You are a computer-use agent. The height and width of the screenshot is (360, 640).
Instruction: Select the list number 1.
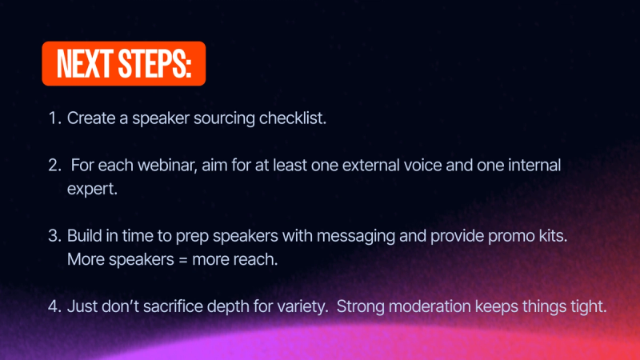(54, 118)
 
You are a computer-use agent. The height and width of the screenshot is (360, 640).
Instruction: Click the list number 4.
(54, 307)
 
